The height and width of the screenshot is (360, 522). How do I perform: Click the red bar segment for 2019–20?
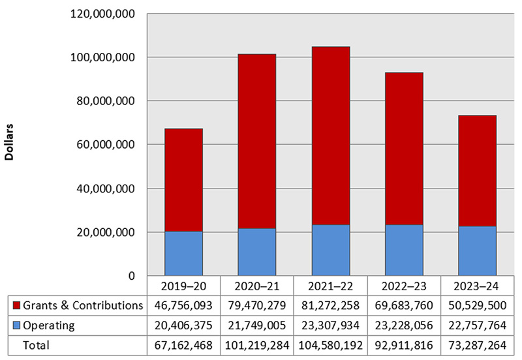click(183, 180)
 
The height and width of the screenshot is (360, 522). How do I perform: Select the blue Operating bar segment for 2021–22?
click(331, 250)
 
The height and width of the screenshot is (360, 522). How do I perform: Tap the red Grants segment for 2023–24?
click(478, 171)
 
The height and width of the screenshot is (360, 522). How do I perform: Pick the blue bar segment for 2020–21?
click(257, 252)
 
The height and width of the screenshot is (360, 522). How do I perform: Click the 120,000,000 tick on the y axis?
click(103, 14)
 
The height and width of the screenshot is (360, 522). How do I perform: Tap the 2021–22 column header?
click(331, 286)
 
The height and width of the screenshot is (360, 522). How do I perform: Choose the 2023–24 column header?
click(478, 286)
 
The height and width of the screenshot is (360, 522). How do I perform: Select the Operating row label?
click(49, 325)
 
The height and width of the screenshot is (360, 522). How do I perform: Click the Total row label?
click(36, 344)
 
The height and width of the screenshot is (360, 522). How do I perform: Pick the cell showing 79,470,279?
click(257, 305)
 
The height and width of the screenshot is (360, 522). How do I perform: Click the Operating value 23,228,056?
click(404, 325)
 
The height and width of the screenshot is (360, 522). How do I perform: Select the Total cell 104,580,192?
click(331, 344)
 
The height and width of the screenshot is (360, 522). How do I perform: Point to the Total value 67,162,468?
click(183, 344)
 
